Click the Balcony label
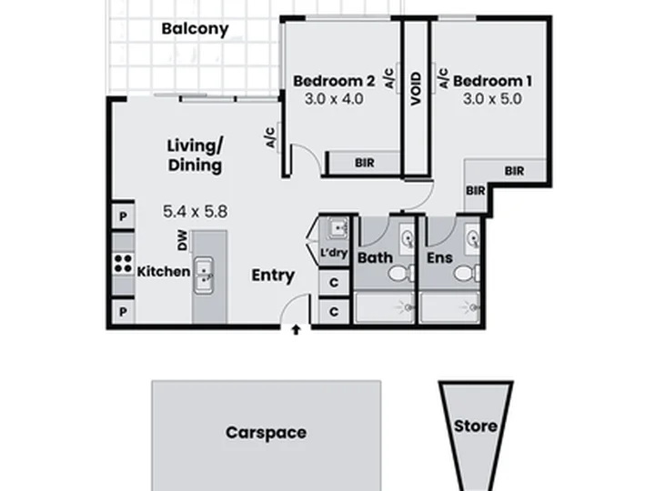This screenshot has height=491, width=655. click(x=195, y=29)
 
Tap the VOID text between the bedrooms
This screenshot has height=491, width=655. click(x=416, y=89)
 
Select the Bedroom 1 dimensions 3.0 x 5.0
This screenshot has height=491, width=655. click(x=492, y=99)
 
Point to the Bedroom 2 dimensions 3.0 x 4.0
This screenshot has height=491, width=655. click(x=334, y=99)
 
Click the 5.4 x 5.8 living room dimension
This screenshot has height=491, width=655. click(x=195, y=211)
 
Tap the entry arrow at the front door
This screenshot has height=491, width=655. click(x=296, y=330)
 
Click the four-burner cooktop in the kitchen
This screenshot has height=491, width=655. click(x=123, y=264)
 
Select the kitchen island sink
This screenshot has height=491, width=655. click(x=204, y=276)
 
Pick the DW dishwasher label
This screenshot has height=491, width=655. click(x=183, y=240)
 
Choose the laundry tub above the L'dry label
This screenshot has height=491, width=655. click(x=338, y=228)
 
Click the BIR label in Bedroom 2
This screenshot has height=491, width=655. click(x=365, y=163)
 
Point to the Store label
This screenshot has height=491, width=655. click(x=476, y=426)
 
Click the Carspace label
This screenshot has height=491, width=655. click(x=266, y=433)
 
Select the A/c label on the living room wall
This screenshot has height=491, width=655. click(x=271, y=138)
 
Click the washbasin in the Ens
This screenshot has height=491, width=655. click(x=473, y=239)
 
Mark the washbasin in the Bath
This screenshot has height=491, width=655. click(x=408, y=239)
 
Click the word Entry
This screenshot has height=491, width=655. click(x=273, y=276)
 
